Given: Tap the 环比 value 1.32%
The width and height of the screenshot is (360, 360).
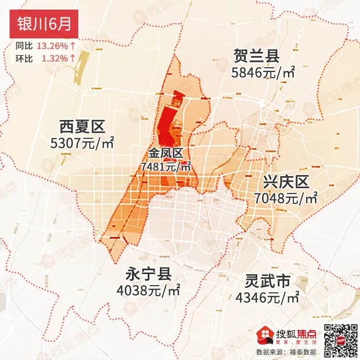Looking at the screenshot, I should (54, 58).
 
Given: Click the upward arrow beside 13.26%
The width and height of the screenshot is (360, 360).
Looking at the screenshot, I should (72, 47).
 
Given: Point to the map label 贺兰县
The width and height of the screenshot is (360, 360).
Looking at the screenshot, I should (257, 56).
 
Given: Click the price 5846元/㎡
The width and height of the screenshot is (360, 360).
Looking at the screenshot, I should (263, 73).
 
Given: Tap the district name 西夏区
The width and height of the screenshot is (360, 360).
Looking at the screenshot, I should (82, 127).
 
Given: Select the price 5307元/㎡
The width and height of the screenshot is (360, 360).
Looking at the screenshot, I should (82, 143).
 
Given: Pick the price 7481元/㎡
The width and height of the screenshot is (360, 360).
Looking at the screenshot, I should (166, 167).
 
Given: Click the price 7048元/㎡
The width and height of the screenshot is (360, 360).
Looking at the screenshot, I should (286, 198).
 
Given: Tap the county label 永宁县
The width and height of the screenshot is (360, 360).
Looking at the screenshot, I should (148, 274).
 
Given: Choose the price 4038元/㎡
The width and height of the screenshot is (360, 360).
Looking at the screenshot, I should (148, 290).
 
